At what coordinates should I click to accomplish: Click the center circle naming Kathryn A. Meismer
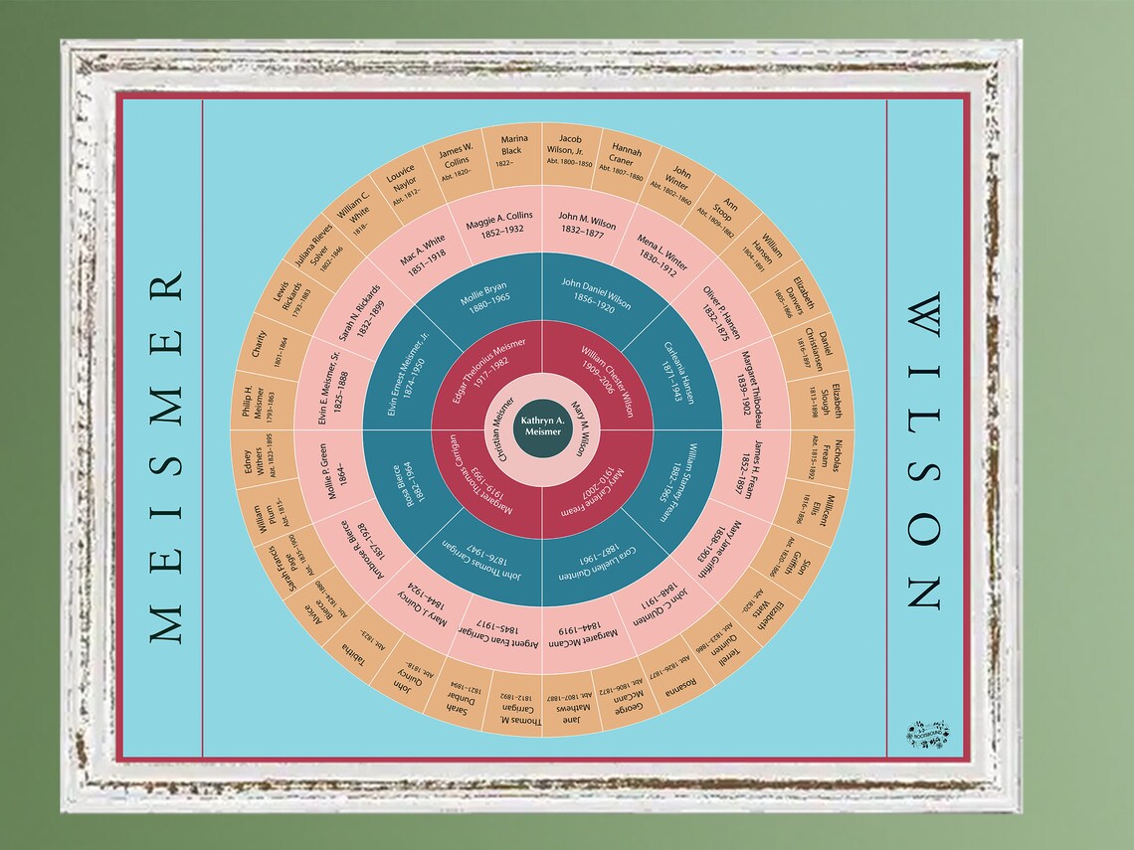(x=541, y=428)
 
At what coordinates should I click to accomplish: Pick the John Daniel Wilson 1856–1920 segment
(x=593, y=296)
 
